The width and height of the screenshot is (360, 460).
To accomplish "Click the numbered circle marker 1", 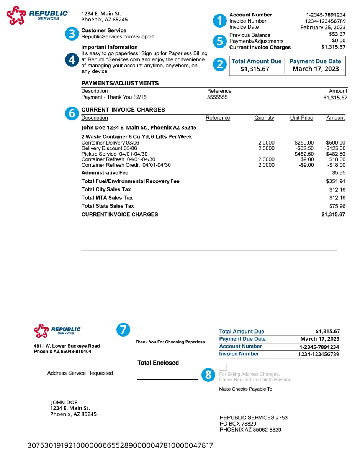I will pos(220,21).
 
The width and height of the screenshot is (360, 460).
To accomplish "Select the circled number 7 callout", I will pos(123,330).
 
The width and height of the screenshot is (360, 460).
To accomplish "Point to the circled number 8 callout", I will pos(208,375).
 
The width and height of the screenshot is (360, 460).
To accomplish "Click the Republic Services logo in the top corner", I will pos(38,15).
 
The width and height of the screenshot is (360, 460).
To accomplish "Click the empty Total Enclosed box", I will pos(167,374).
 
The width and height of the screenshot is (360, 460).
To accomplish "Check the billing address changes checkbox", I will pos(223,366).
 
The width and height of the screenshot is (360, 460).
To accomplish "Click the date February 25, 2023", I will pos(323,27).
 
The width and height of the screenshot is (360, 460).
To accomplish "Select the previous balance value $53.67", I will pos(337,34).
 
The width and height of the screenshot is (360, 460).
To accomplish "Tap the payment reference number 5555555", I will pos(217,97).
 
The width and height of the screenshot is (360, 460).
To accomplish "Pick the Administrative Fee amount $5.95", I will pos(339,173).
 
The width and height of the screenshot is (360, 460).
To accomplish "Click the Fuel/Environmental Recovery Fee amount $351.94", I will pos(335,181).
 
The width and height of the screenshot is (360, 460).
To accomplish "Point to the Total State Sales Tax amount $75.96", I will pos(337,206).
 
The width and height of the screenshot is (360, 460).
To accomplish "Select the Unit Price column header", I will pos(301,118).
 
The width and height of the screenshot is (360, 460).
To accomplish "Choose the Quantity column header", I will pos(264,118).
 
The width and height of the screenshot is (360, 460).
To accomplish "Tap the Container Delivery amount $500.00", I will pos(335,143).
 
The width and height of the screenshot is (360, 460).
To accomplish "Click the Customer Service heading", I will pos(104,30).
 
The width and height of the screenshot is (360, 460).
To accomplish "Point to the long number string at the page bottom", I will pos(120,445).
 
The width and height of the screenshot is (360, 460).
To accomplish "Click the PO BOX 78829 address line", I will pos(238,424).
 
